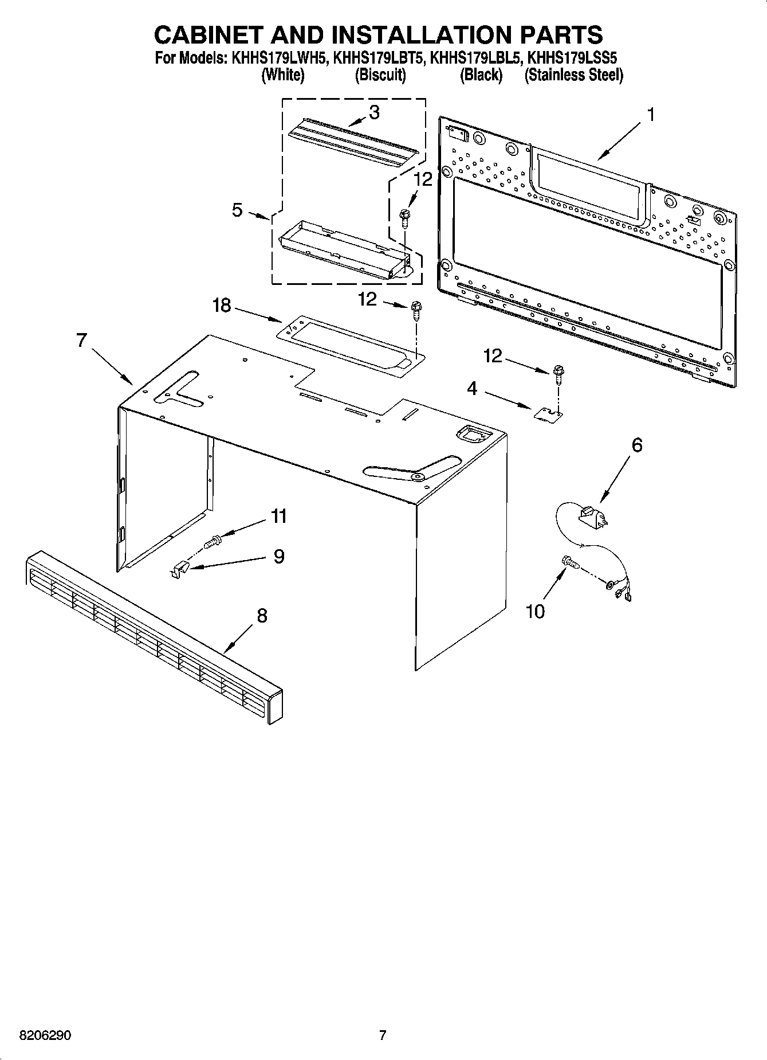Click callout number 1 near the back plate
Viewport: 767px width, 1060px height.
pos(650,115)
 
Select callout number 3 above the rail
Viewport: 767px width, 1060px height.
pos(373,112)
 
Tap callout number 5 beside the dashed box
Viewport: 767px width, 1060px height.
pos(237,210)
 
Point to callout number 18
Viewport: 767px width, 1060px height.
pos(222,306)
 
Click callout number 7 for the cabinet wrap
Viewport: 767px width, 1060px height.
pos(81,341)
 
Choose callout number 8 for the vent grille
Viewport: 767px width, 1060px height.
pos(262,616)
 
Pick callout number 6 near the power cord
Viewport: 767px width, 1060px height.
pos(637,445)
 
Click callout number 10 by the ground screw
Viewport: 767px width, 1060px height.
pos(535,612)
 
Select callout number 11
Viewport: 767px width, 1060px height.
pos(278,516)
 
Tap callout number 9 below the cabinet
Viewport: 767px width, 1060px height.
pos(278,556)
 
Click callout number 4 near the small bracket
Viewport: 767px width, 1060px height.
pos(471,389)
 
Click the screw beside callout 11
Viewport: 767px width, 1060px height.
pos(212,539)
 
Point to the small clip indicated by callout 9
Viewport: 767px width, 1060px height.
pos(179,570)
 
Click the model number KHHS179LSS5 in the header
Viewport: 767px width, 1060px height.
pos(572,58)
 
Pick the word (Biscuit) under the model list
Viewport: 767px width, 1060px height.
pos(380,75)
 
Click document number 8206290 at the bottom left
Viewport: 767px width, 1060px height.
pos(45,1036)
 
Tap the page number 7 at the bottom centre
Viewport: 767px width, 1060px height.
pos(383,1035)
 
